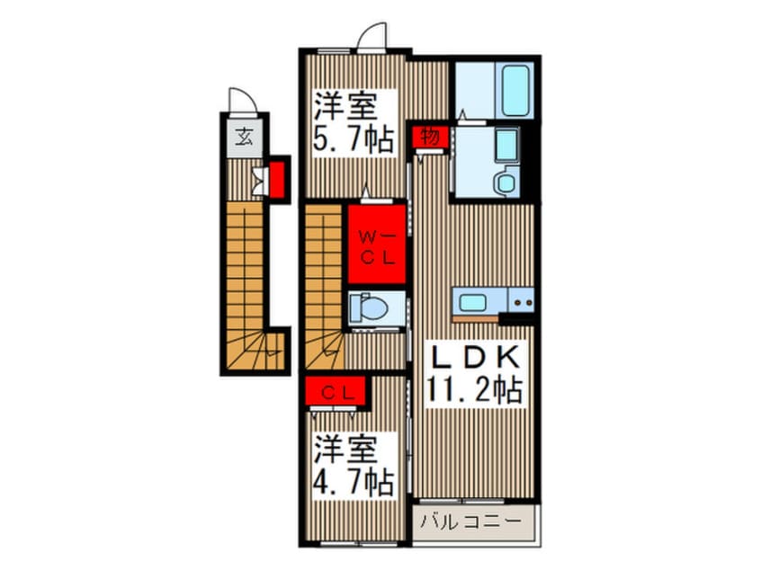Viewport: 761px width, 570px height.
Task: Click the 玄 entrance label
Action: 244,137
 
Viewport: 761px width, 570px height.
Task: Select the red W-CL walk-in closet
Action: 376,245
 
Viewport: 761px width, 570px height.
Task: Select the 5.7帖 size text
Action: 354,138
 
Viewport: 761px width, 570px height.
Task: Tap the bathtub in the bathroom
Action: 517,89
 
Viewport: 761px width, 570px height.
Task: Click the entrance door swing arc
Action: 240,98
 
